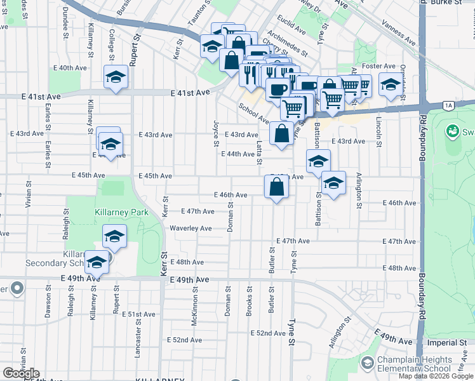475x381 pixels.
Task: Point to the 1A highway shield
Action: pos(450,105)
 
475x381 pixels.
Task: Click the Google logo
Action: pos(21,373)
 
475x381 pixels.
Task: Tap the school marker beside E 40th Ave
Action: pos(116,77)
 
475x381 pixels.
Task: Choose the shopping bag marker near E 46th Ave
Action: pos(276,188)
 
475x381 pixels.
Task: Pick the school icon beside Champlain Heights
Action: pos(366,363)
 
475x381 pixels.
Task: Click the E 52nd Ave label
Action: pos(267,333)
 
